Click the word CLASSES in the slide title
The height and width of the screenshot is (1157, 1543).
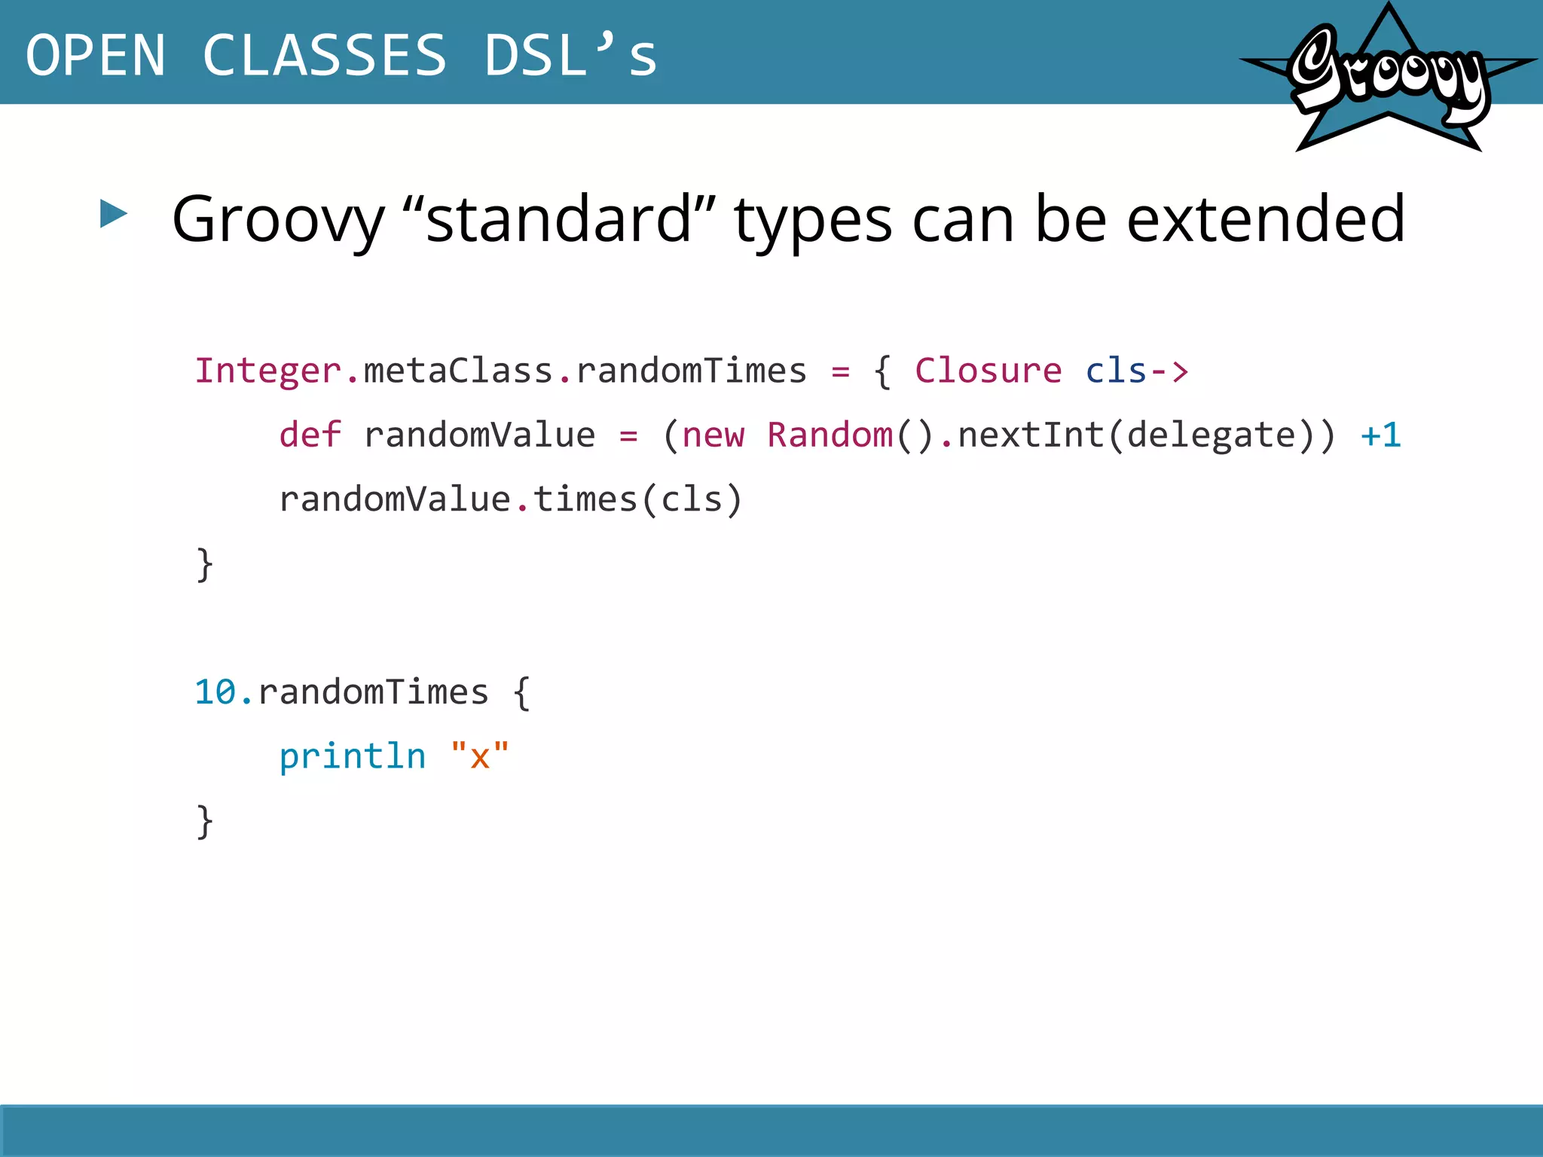(x=325, y=55)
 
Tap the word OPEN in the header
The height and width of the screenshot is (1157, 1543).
(x=96, y=55)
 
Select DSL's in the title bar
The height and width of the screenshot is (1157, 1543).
(x=570, y=55)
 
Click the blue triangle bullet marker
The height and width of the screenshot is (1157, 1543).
(x=114, y=214)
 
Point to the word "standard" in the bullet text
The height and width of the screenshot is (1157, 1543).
(x=559, y=219)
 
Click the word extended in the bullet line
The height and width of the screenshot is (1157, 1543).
(x=1265, y=219)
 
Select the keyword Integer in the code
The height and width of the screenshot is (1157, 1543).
(x=268, y=371)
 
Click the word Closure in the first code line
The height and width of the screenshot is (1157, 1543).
(x=988, y=371)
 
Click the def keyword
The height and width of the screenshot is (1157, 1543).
(x=310, y=435)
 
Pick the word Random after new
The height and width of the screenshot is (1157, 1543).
(x=830, y=435)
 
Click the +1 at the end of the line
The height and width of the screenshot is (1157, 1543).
(x=1380, y=435)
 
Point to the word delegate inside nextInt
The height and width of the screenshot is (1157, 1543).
(x=1211, y=435)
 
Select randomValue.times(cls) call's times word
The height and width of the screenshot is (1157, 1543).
(x=585, y=499)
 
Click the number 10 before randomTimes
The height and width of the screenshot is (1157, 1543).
(x=215, y=691)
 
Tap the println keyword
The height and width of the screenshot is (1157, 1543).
(x=352, y=756)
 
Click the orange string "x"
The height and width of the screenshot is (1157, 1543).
(x=480, y=756)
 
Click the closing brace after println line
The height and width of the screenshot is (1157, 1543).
(x=204, y=821)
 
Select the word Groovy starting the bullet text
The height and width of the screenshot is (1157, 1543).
(x=278, y=219)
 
